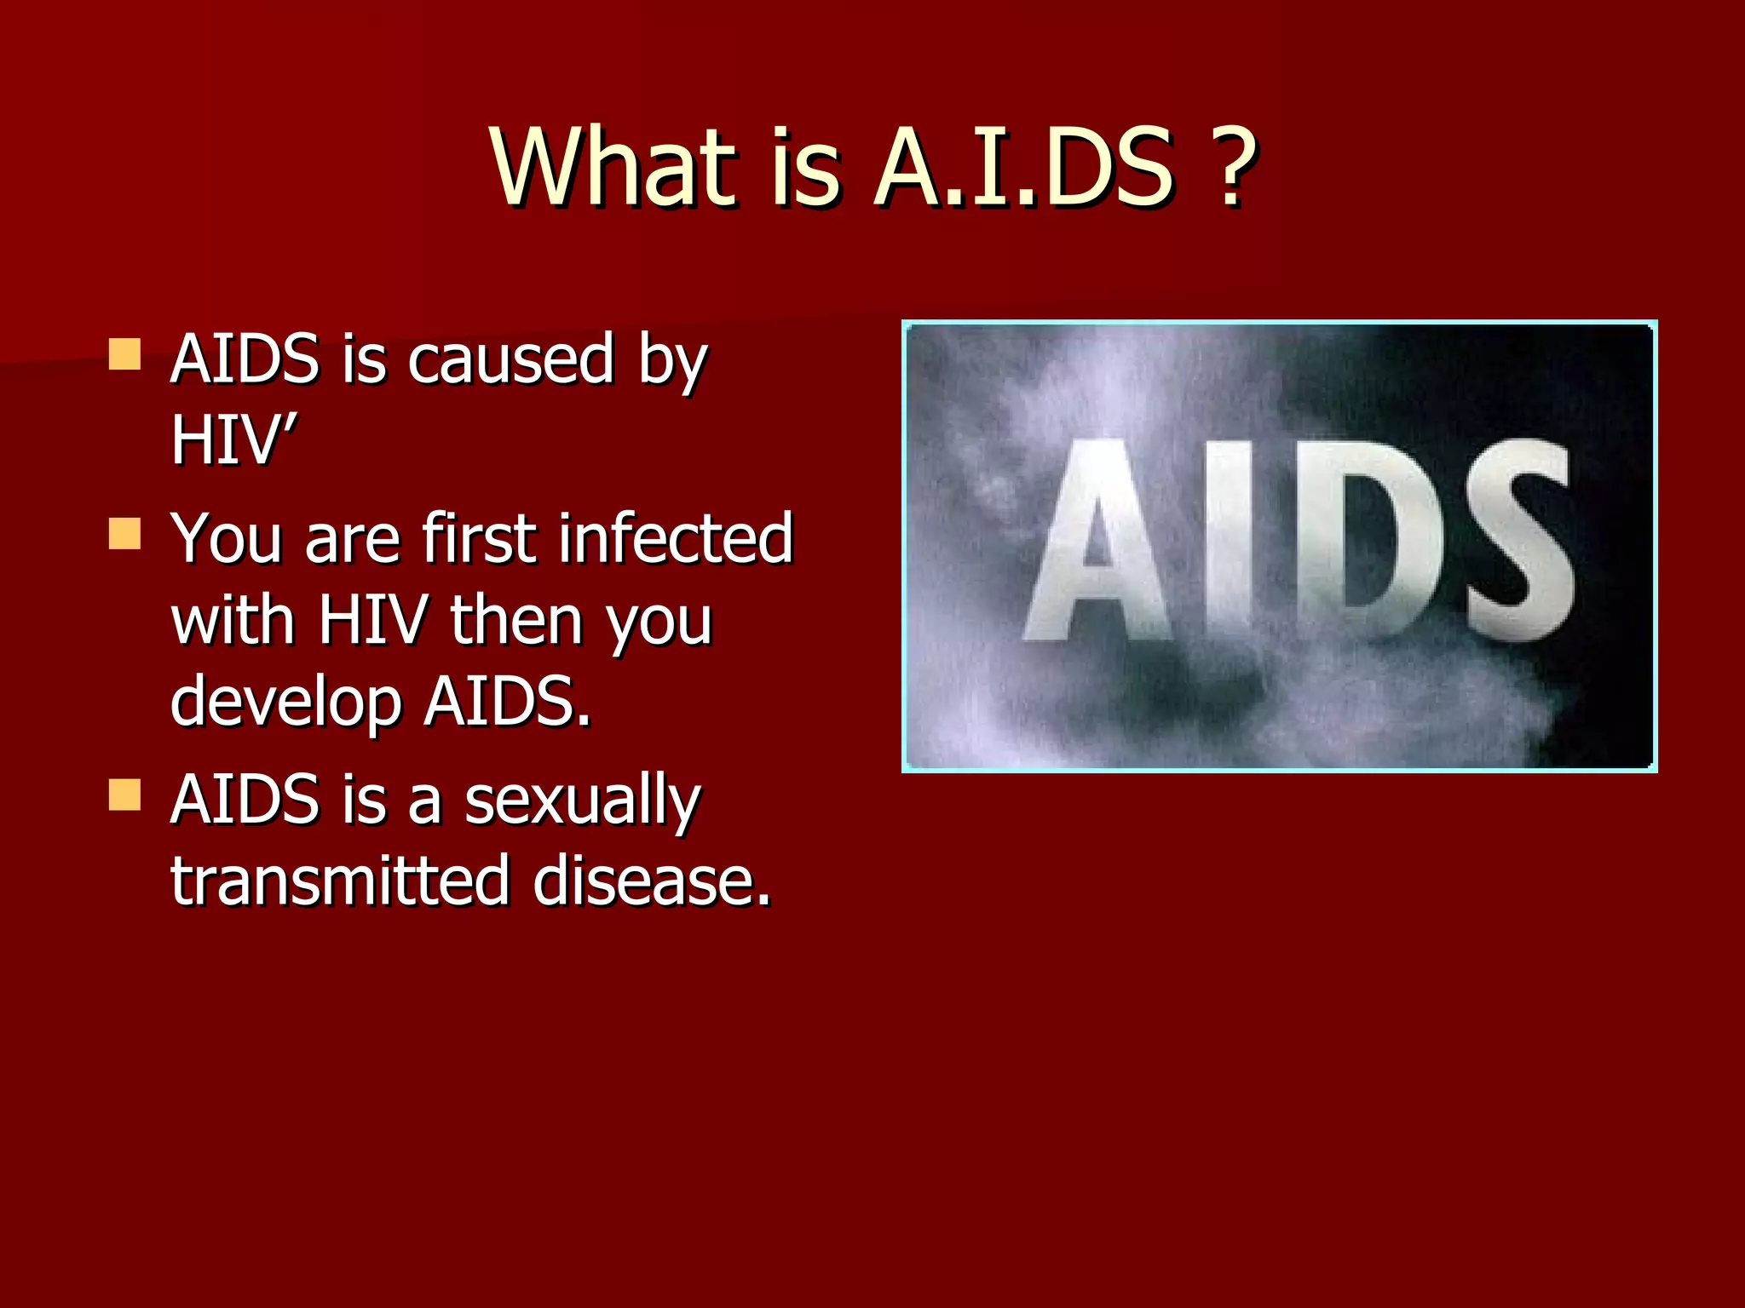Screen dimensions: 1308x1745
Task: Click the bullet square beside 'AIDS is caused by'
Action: (125, 354)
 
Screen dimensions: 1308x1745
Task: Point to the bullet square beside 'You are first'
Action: (125, 534)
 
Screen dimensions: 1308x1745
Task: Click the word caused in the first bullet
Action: (510, 359)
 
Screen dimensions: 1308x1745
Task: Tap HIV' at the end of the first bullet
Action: (233, 440)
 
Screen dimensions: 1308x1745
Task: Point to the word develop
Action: (285, 703)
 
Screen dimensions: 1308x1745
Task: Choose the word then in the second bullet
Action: (515, 620)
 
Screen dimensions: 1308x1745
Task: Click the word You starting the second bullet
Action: (226, 538)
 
